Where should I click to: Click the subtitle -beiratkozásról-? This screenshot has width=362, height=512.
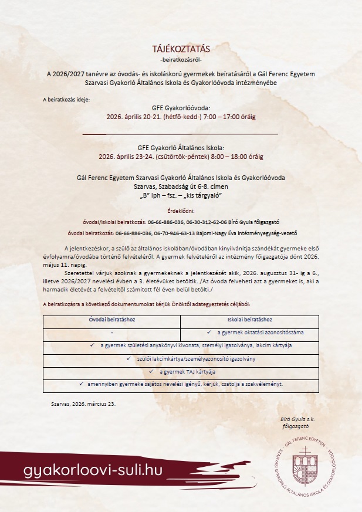[x=181, y=60]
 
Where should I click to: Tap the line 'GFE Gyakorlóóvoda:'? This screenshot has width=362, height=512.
[x=181, y=108]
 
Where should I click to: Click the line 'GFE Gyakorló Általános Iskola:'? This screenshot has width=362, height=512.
[x=181, y=148]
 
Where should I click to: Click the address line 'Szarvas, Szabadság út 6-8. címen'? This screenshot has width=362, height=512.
[x=181, y=187]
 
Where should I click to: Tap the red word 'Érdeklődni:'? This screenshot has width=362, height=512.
[x=181, y=210]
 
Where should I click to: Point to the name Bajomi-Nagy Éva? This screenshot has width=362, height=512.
[x=251, y=233]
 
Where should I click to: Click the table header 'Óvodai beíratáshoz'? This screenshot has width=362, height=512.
[x=111, y=320]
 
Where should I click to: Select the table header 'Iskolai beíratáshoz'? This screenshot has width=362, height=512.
[x=249, y=320]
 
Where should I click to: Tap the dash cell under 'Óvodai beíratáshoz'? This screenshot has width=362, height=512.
[x=111, y=333]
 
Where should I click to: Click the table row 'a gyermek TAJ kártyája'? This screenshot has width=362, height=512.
[x=181, y=371]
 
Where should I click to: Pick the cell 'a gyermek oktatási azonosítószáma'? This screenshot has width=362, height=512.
[x=249, y=333]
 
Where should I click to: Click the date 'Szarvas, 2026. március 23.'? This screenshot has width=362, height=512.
[x=84, y=404]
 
